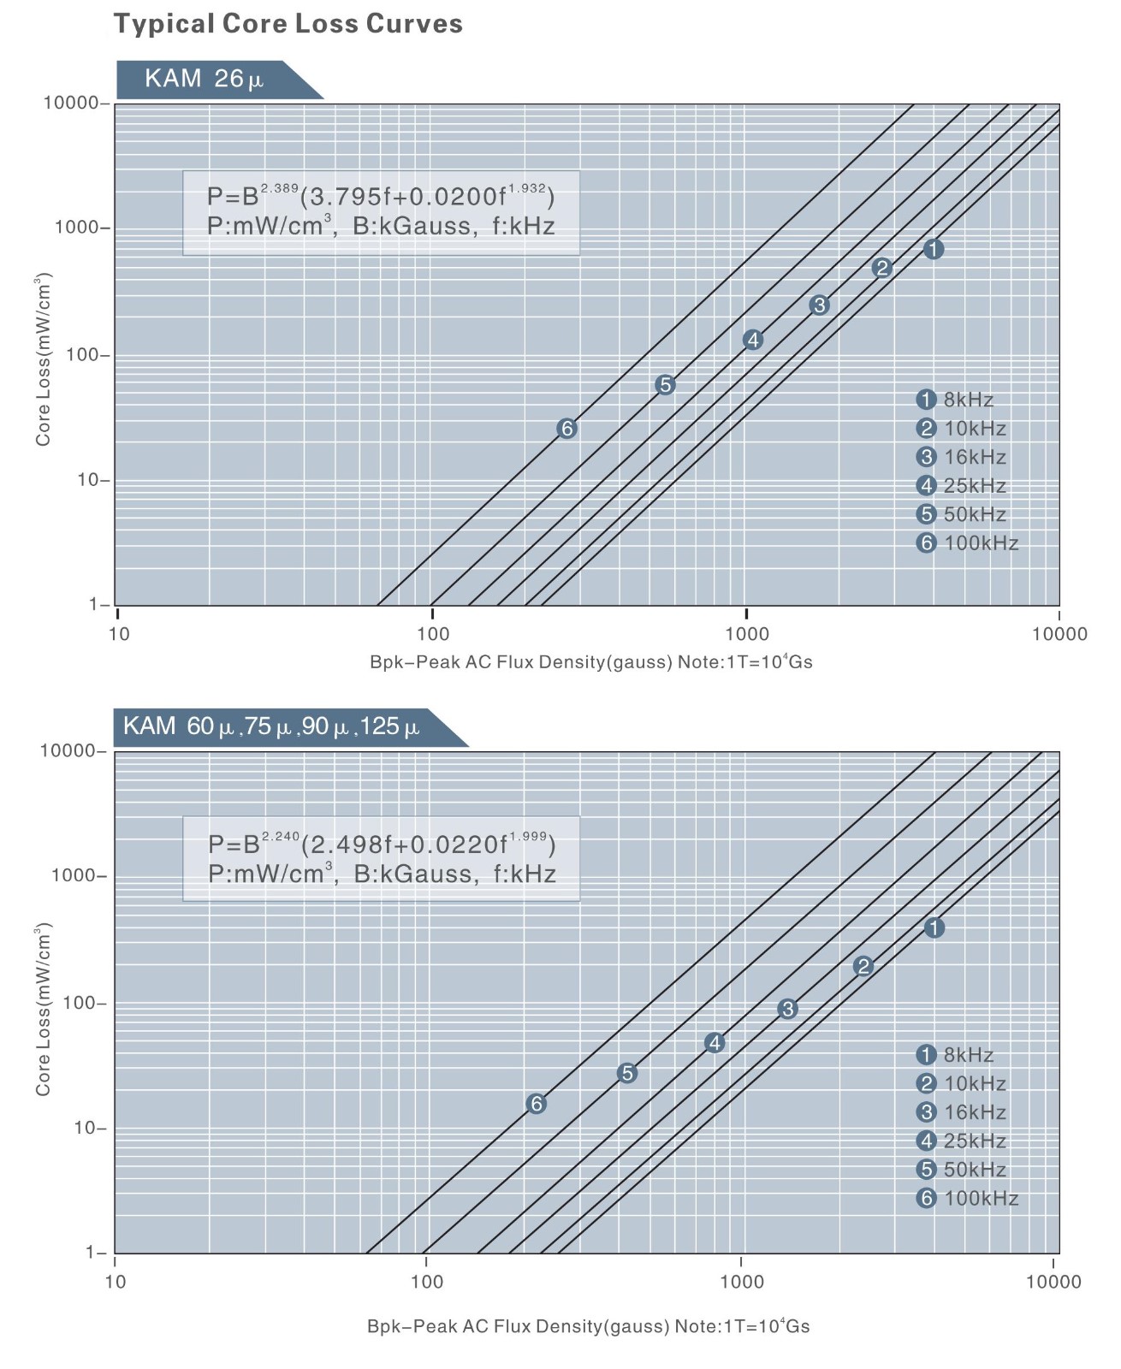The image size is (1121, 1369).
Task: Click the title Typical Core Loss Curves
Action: click(288, 23)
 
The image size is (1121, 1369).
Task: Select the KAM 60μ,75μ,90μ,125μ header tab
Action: click(272, 727)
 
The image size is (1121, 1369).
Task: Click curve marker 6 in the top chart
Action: click(566, 429)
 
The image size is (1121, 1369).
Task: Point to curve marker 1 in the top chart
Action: click(934, 249)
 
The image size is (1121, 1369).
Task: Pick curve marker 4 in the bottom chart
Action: click(715, 1042)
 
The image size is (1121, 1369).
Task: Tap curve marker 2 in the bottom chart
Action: click(863, 967)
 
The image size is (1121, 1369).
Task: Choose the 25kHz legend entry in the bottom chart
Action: click(961, 1141)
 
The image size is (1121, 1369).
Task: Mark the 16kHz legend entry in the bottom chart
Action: click(961, 1112)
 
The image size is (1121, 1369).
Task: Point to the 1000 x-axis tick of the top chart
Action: click(747, 634)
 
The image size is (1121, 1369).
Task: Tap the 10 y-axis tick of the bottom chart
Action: click(90, 1128)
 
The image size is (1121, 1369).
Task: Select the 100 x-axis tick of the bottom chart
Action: click(426, 1282)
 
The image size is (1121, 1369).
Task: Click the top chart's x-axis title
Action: click(590, 662)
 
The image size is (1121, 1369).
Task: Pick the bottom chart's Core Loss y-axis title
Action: click(44, 1010)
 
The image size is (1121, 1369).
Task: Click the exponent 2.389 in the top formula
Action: click(280, 187)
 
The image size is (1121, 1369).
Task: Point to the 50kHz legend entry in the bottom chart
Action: click(961, 1170)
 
